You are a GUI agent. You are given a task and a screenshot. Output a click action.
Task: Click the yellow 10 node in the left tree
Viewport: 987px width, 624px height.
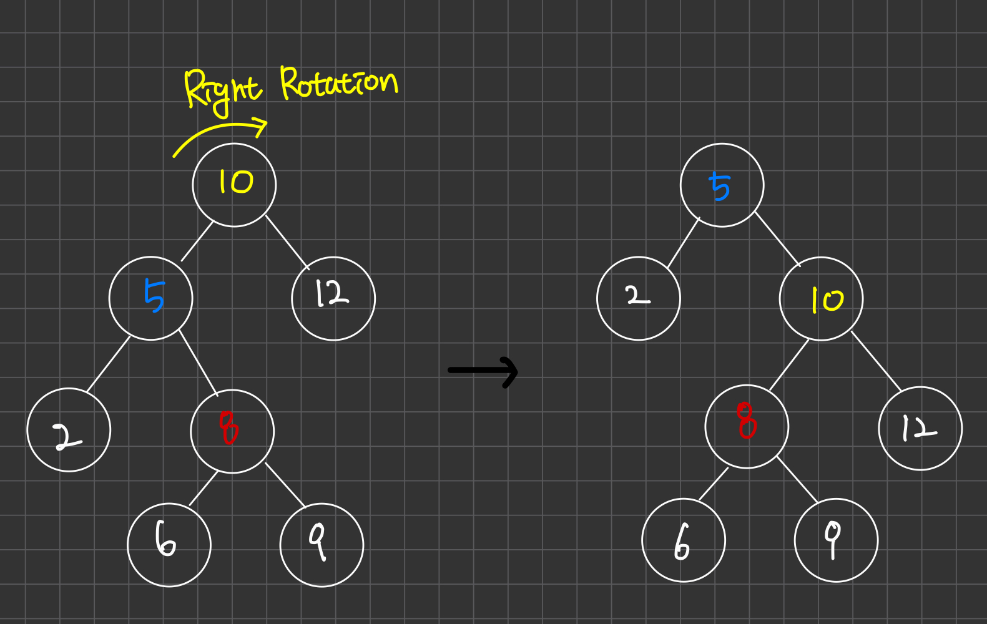point(234,185)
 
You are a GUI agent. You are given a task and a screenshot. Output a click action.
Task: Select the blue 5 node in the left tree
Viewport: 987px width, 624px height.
point(151,298)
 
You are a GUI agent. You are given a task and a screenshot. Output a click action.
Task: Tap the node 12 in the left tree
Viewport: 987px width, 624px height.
point(333,298)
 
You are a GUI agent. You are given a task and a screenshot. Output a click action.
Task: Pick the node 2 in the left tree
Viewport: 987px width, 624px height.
point(69,430)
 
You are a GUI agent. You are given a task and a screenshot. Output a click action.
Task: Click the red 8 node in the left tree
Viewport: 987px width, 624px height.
point(232,431)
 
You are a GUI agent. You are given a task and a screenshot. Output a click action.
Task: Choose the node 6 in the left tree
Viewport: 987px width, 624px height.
point(169,545)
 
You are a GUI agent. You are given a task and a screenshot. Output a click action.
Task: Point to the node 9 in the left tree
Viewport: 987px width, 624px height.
point(322,545)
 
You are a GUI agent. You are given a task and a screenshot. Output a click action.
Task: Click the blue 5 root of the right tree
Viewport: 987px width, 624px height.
point(722,185)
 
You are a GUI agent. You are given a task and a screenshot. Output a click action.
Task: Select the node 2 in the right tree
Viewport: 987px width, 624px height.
point(639,298)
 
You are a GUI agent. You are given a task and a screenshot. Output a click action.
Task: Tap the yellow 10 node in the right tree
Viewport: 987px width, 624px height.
point(821,299)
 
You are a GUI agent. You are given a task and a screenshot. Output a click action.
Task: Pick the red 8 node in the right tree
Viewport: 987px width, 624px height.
point(747,426)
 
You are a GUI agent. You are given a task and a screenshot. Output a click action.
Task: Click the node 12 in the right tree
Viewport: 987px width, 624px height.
point(920,428)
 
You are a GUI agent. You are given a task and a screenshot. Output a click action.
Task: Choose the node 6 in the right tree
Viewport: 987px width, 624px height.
point(684,540)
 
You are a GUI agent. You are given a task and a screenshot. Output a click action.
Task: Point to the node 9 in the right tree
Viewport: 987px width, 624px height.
point(836,540)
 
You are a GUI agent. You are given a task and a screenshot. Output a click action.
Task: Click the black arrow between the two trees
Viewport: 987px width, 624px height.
point(483,371)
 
